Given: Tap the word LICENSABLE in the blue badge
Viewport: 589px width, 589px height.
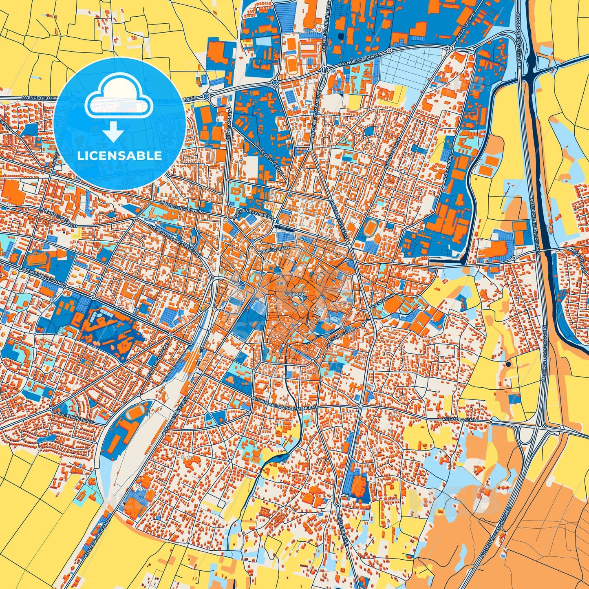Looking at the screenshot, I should pyautogui.click(x=119, y=155).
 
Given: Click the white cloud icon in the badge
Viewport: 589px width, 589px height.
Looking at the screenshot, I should pyautogui.click(x=119, y=97).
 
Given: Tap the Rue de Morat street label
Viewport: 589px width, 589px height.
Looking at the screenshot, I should pyautogui.click(x=228, y=125).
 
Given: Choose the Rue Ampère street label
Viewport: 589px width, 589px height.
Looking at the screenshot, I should pyautogui.click(x=447, y=166).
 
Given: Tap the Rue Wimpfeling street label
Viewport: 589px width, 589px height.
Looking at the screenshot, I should pyautogui.click(x=75, y=417).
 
